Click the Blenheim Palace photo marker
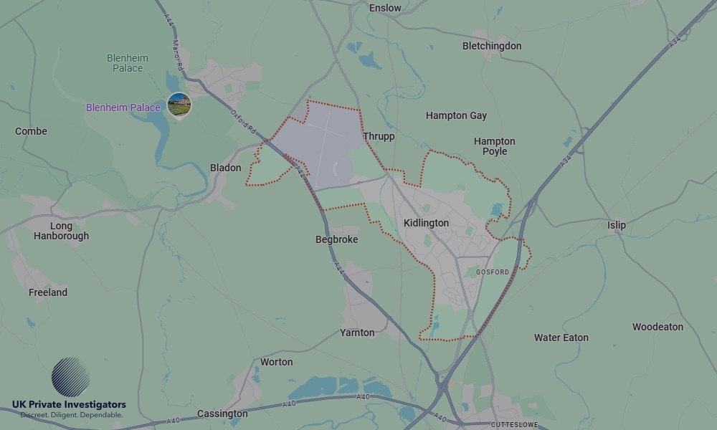[179, 104]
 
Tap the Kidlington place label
[426, 223]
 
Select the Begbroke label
[336, 239]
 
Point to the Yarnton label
[357, 333]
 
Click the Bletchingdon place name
[492, 46]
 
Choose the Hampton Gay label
[456, 115]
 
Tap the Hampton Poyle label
[495, 146]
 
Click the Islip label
[617, 225]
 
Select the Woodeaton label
[657, 327]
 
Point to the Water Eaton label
[561, 338]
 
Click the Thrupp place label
[379, 136]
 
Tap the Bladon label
[225, 168]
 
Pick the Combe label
[31, 131]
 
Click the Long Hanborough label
[61, 231]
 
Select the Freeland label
[48, 292]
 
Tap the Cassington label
[222, 414]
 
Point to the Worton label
[276, 362]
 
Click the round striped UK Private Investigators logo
[71, 377]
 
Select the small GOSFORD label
[492, 272]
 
